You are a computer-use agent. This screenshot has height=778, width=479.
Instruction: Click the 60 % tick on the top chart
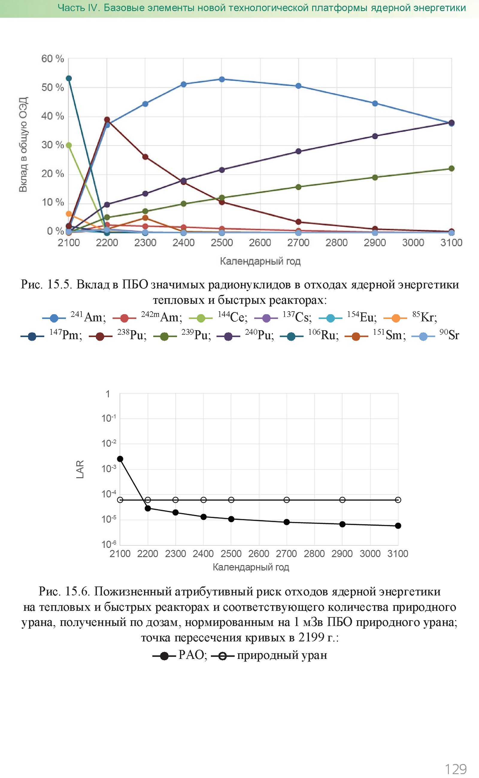pos(53,59)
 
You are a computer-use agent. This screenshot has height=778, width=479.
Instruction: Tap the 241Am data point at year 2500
pos(222,79)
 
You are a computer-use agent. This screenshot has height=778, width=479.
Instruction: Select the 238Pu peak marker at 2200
pos(107,120)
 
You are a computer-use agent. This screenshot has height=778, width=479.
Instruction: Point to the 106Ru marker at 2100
pos(69,78)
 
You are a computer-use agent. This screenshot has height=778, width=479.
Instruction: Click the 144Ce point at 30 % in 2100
pos(69,145)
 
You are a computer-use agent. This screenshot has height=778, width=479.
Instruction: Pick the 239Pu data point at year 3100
pos(451,168)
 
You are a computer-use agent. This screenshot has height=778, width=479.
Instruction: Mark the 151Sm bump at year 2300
pos(145,218)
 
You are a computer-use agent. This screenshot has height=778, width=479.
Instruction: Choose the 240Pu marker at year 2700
pos(298,151)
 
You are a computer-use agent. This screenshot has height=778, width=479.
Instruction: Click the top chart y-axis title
pos(23,145)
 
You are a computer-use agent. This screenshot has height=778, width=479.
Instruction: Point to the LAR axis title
pos(80,469)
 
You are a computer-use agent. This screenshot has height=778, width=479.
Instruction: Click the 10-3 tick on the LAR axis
pos(109,468)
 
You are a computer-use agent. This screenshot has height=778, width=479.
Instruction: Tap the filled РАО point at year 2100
pos(120,459)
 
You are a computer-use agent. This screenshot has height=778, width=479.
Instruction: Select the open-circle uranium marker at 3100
pos(398,500)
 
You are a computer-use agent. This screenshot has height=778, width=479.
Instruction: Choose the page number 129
pos(456,769)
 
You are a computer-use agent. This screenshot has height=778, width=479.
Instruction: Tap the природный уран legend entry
pos(269,655)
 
